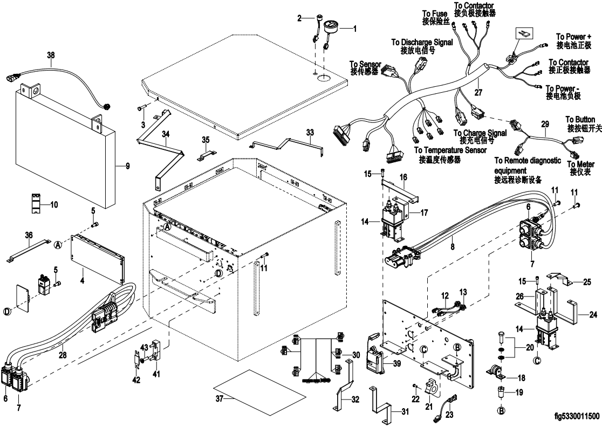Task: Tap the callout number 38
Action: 51,55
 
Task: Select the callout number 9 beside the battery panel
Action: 128,166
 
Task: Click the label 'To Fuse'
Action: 434,13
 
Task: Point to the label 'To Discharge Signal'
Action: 422,42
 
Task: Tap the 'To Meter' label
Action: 580,164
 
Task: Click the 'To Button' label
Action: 580,119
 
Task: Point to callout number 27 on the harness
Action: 478,93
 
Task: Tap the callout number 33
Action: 310,132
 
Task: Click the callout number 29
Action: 545,125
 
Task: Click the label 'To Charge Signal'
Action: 480,133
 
